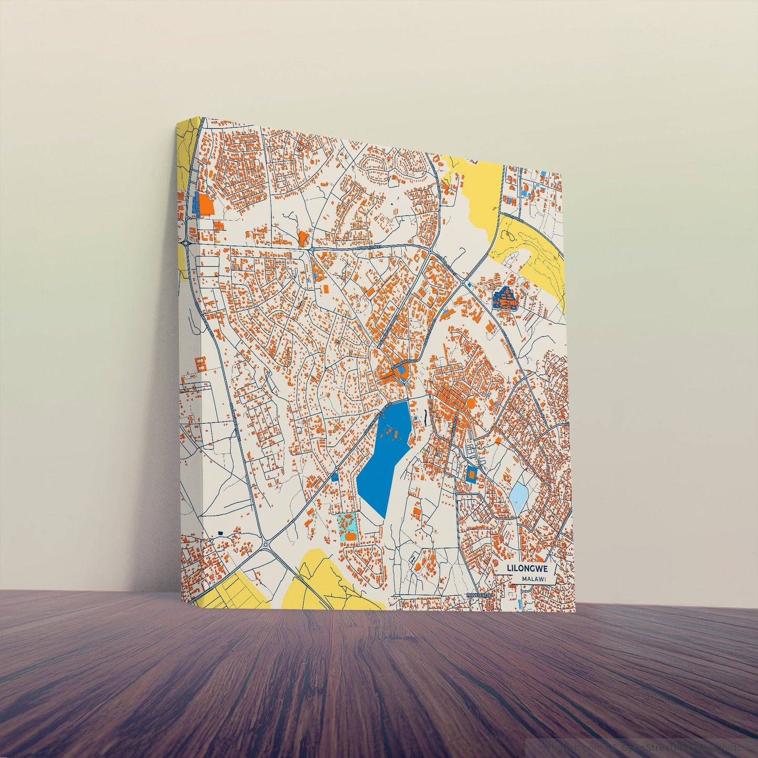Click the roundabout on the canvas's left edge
click(x=187, y=243)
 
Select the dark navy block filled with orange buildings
click(x=505, y=298)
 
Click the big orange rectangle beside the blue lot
click(x=207, y=205)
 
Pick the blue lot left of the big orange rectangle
click(x=197, y=204)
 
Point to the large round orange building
click(x=471, y=403)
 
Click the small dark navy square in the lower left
click(x=220, y=533)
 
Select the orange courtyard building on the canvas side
click(x=200, y=363)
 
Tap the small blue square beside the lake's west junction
click(x=335, y=477)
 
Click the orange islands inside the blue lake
click(x=391, y=433)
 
